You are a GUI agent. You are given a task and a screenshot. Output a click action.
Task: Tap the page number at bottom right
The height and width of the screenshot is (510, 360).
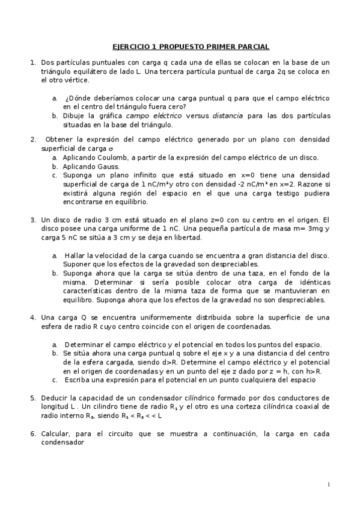329,485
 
